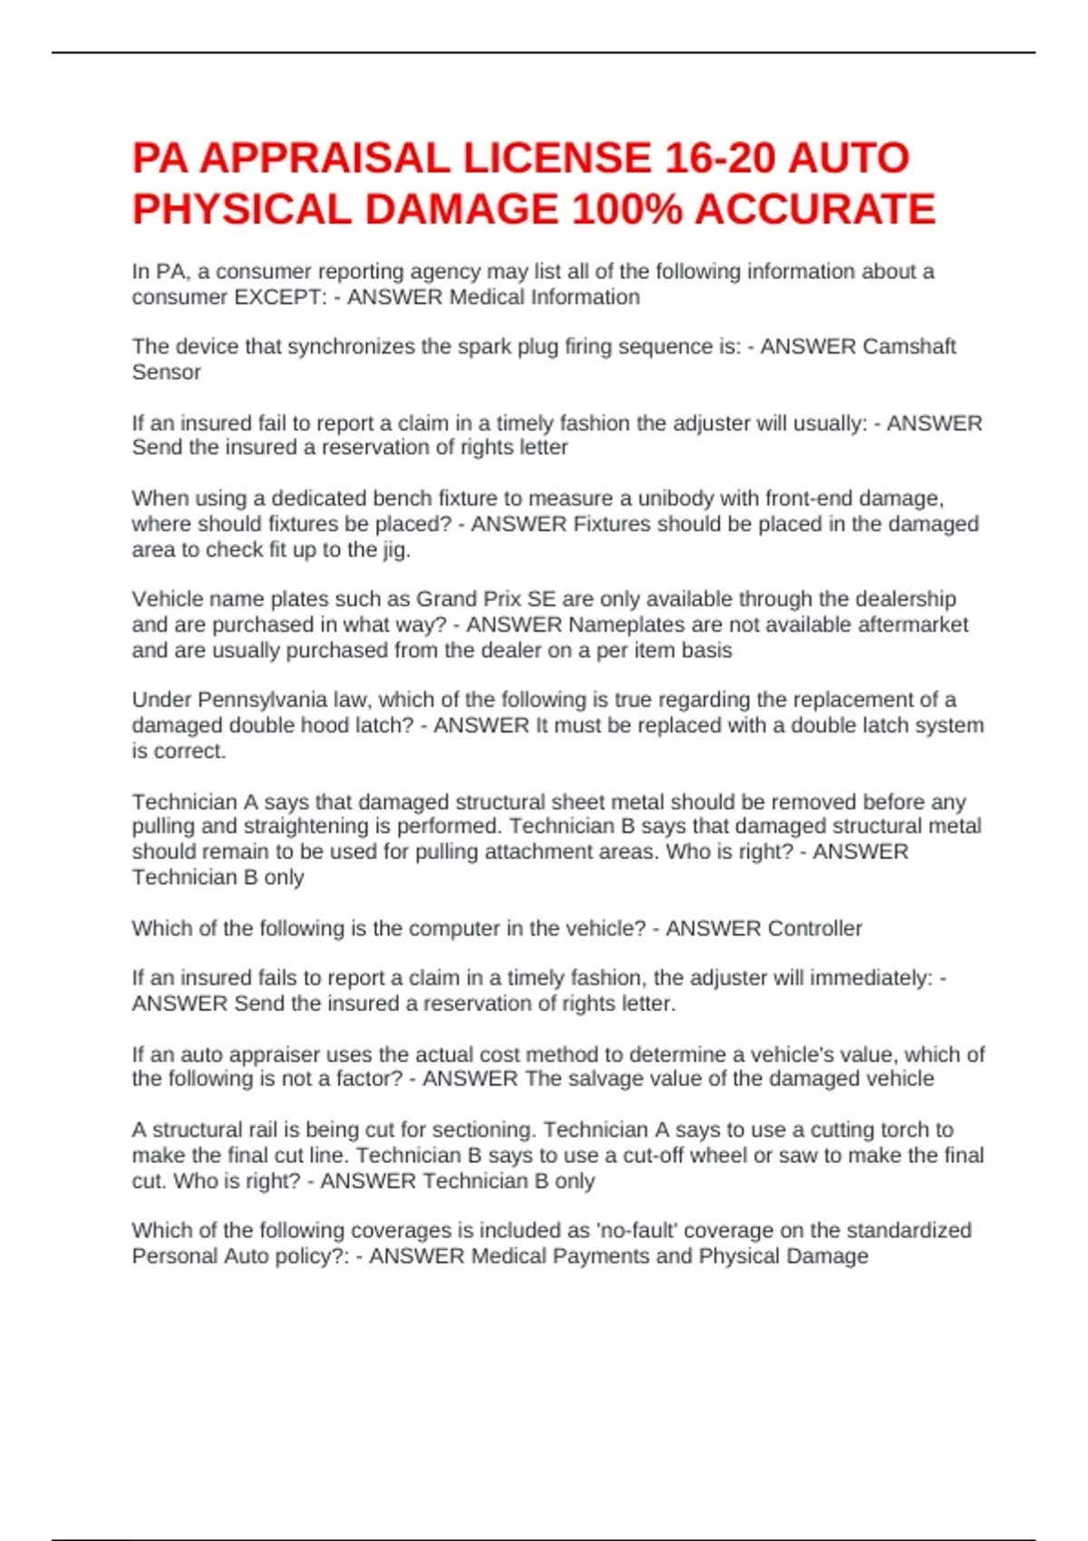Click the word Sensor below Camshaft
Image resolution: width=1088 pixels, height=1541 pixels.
click(x=166, y=372)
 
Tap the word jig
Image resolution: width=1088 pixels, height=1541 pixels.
click(x=395, y=549)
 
